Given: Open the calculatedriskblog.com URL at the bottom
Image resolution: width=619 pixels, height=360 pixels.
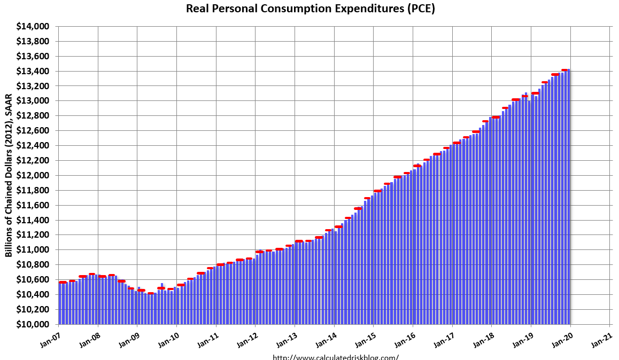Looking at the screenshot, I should point(336,357).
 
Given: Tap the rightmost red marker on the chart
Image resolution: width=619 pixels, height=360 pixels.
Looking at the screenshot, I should point(564,70).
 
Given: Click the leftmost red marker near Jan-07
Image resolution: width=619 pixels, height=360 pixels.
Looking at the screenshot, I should point(63,282).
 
